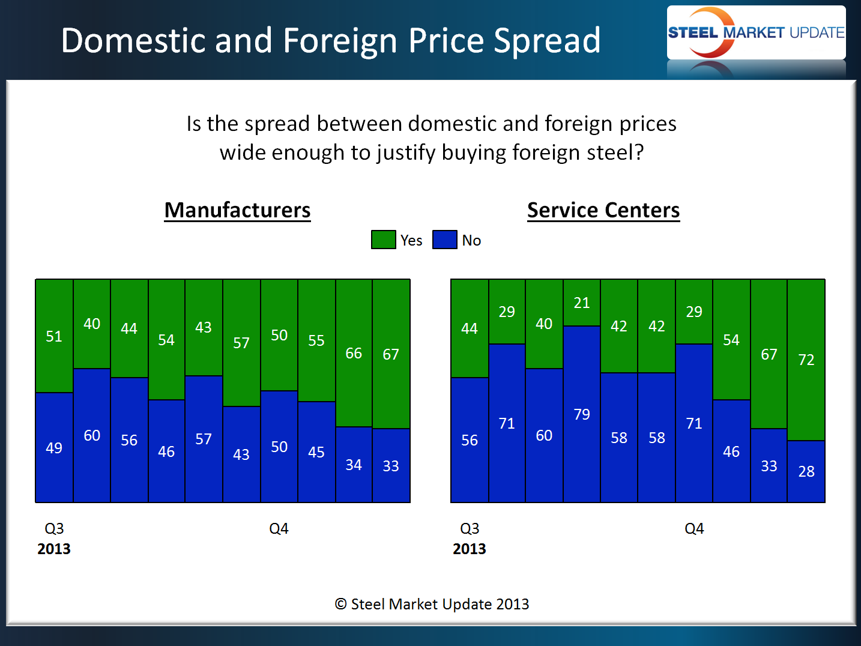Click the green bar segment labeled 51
tap(54, 336)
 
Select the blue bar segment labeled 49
tap(54, 447)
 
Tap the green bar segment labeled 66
tap(354, 353)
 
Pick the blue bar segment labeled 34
tap(354, 464)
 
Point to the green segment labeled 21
tap(581, 303)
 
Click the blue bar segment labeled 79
tap(581, 414)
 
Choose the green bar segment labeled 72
tap(806, 360)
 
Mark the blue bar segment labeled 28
tap(806, 471)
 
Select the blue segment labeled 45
tap(316, 451)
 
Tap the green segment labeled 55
tap(316, 340)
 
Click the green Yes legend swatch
tap(383, 240)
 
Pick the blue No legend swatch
tap(444, 240)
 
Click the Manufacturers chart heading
tap(238, 210)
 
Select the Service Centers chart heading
tap(603, 210)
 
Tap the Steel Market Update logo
tap(756, 32)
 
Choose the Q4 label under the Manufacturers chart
tap(279, 528)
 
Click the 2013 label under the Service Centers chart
tap(469, 549)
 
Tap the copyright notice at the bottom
tap(432, 604)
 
